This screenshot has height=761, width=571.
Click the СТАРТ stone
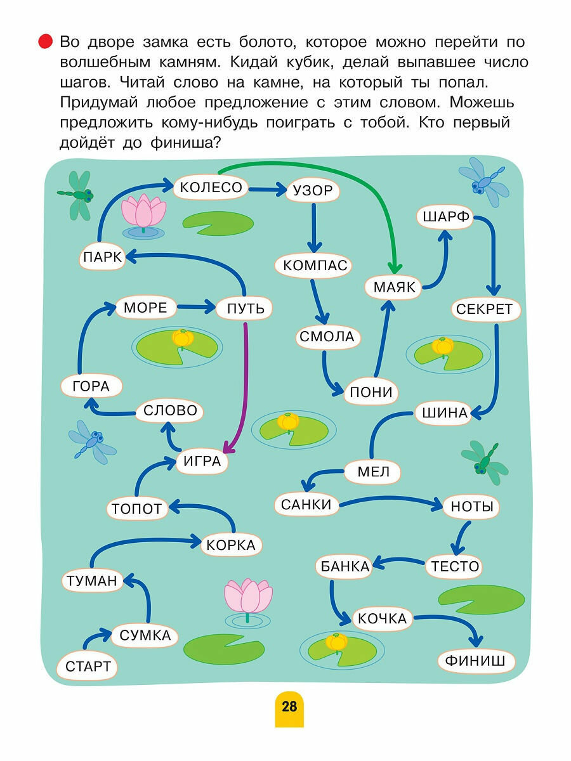click(88, 667)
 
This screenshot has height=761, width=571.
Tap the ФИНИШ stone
click(475, 661)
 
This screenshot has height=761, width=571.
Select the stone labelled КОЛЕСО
click(211, 187)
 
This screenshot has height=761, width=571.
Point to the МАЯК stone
click(394, 287)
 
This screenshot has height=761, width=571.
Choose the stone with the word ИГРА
click(202, 462)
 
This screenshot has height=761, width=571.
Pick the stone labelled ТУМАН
click(93, 580)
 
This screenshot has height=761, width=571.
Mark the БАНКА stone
click(345, 566)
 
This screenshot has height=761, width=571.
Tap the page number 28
click(289, 706)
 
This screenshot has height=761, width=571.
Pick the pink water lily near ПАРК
click(143, 212)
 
